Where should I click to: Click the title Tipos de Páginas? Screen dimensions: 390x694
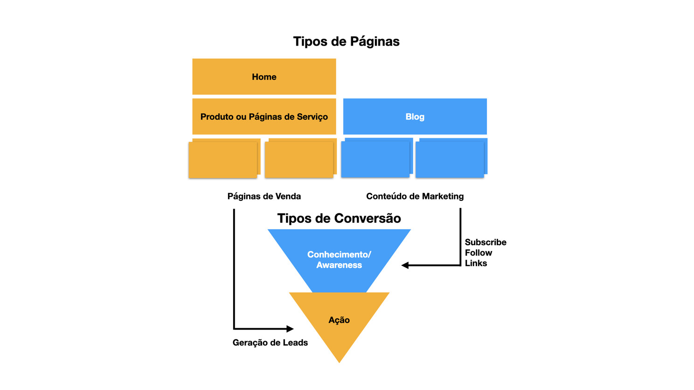(x=346, y=41)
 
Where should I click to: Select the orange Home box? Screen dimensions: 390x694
(x=264, y=77)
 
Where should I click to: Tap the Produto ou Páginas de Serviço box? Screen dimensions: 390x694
(x=264, y=116)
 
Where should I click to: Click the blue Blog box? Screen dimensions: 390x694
(x=415, y=116)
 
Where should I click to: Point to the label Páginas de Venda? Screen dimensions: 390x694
(x=264, y=196)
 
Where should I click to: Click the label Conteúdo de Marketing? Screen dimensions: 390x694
(x=415, y=196)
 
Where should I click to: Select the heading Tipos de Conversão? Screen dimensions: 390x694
(x=339, y=218)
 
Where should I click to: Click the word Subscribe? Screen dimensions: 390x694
(x=486, y=242)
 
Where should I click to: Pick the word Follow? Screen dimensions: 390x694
(x=479, y=253)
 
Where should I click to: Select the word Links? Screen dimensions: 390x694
(x=476, y=263)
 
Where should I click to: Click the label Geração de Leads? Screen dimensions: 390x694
(x=270, y=342)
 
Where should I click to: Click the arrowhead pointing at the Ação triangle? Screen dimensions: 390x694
(x=290, y=328)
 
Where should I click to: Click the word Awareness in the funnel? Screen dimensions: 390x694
(x=339, y=265)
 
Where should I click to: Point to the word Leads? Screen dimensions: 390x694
(x=295, y=342)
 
